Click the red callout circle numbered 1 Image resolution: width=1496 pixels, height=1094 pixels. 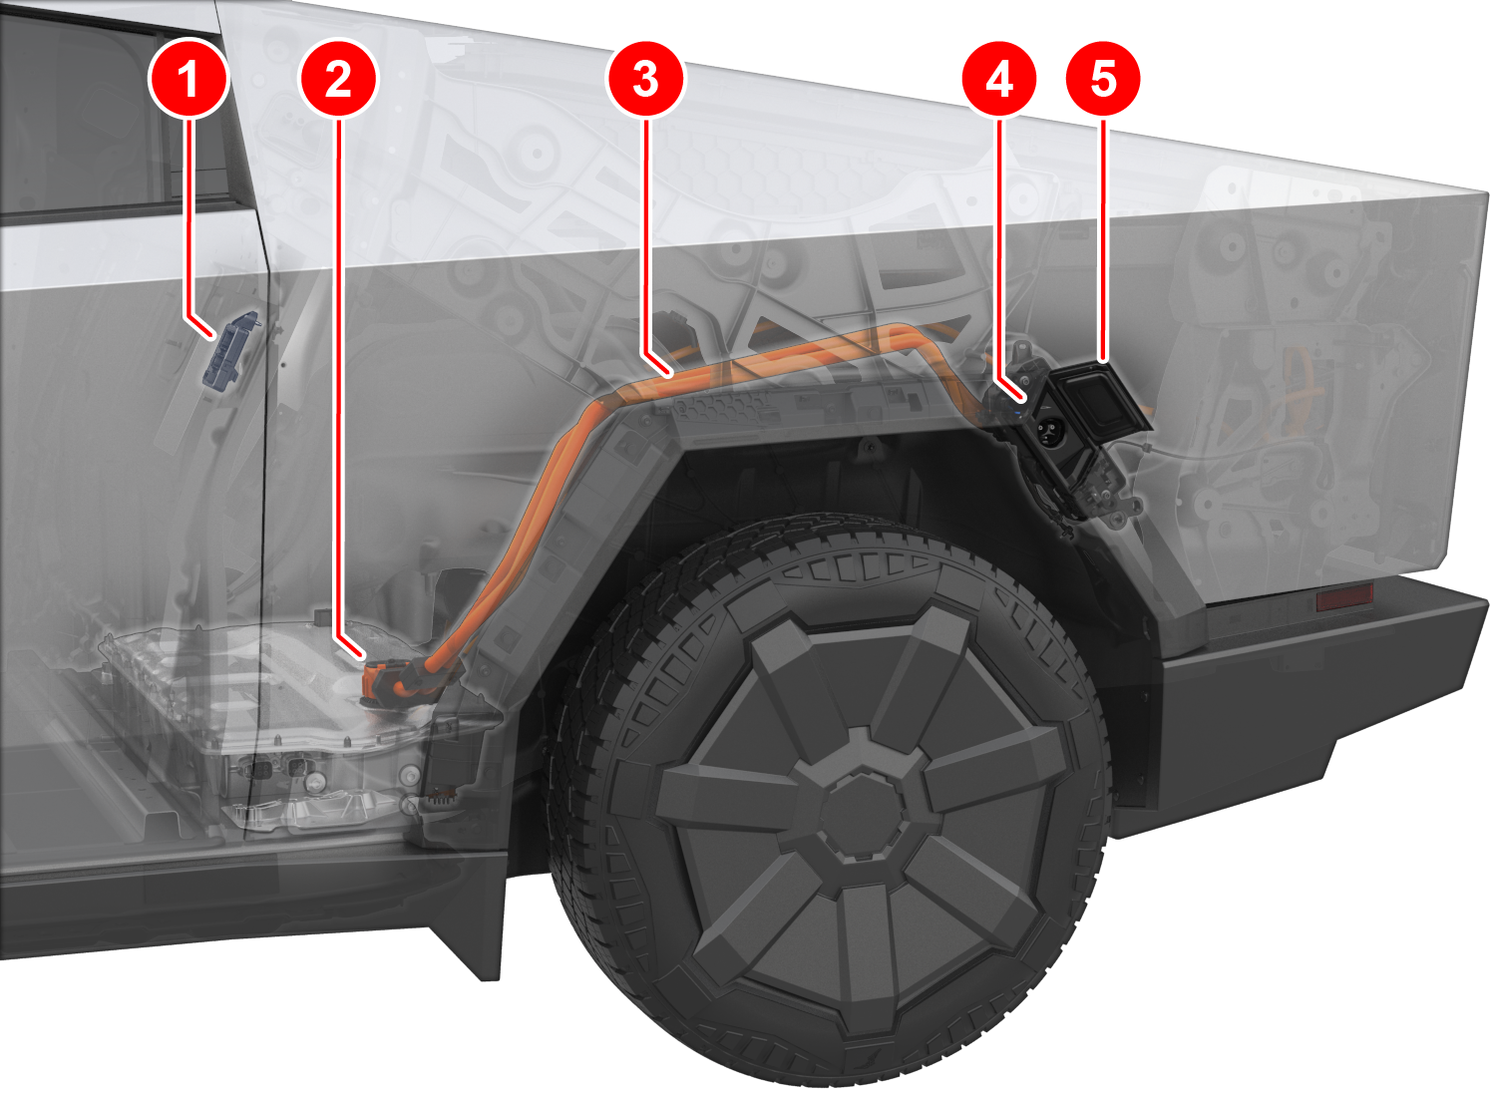point(189,79)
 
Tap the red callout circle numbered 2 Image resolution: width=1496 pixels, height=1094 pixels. point(339,79)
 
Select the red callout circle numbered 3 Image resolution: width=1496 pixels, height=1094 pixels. point(645,79)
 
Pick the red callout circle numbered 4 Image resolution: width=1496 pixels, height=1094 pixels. point(999,79)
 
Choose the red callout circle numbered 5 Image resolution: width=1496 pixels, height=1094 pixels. point(1103,79)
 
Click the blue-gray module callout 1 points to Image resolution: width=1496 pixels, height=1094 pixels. point(230,349)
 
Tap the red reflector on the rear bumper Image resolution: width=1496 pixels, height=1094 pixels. point(1343,596)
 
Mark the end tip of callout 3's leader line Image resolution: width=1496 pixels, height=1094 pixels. point(672,376)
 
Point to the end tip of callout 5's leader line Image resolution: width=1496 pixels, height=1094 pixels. point(1103,363)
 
